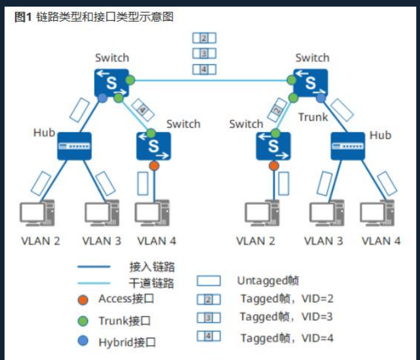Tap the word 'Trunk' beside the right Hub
313,118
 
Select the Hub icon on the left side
74,146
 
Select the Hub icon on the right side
348,146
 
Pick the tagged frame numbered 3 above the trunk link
204,54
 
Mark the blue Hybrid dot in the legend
83,342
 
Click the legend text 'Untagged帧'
268,281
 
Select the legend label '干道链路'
152,283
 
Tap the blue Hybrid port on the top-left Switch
103,98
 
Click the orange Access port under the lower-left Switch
154,166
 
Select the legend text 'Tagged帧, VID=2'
286,299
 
